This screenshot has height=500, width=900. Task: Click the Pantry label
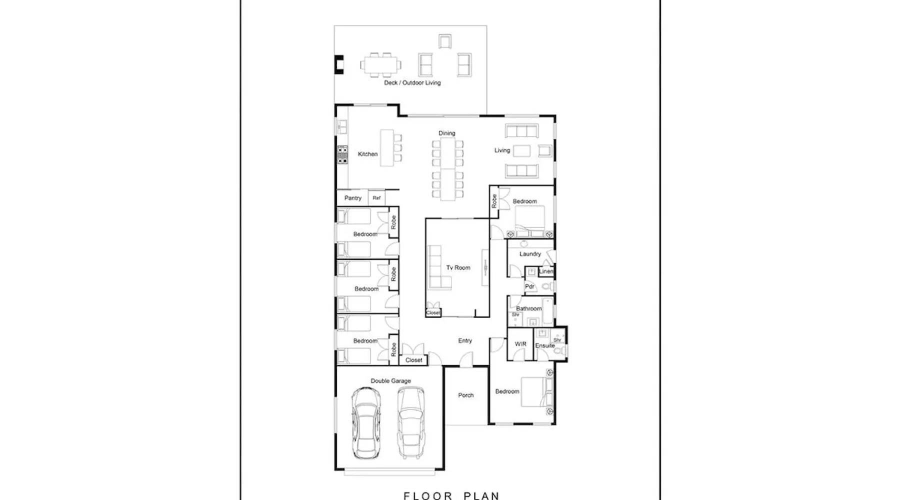pos(352,198)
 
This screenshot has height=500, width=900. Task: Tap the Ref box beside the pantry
pos(376,198)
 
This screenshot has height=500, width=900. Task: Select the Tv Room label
pos(458,267)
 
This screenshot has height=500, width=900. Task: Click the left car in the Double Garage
pos(366,423)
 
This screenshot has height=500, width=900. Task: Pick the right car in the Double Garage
pos(411,423)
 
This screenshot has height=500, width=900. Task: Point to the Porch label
pos(465,395)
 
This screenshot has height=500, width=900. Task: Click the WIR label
pos(520,344)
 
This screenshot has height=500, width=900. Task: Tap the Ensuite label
pos(544,345)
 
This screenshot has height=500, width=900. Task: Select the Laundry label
pos(530,254)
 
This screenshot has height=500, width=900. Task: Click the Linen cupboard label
pos(546,271)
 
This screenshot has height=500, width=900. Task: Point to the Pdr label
pos(529,286)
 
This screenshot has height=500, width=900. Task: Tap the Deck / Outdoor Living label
pos(412,82)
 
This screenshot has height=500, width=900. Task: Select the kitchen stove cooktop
pos(342,155)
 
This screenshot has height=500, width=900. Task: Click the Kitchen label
pos(367,154)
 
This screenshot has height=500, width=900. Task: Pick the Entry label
pos(465,340)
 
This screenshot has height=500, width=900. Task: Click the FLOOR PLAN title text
pos(451,495)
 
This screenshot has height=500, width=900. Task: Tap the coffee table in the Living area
pos(521,150)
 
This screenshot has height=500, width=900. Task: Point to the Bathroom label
pos(528,308)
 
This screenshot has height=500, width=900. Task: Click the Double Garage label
pos(390,381)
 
